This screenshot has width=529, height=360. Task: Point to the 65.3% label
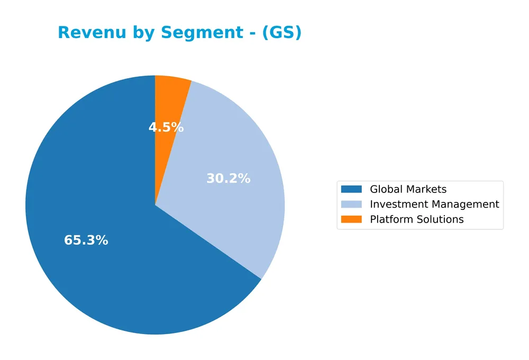(x=86, y=241)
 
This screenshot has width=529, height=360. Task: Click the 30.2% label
(x=228, y=179)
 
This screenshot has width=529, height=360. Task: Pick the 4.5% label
(x=166, y=127)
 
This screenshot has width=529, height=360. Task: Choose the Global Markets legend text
(x=408, y=189)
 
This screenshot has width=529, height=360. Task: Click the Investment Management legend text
(x=434, y=204)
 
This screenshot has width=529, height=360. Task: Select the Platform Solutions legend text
(x=416, y=219)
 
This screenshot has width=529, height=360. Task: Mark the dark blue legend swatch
(x=351, y=189)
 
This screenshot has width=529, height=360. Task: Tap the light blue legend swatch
(x=351, y=204)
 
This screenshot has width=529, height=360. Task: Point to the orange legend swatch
(x=351, y=219)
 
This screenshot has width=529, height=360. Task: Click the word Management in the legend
(x=464, y=204)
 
